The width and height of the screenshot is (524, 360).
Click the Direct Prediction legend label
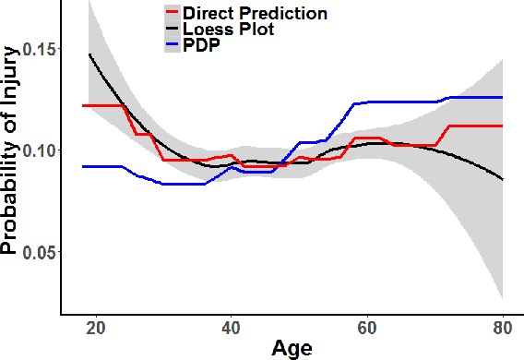coord(255,14)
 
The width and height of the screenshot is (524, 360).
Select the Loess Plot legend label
coord(229,30)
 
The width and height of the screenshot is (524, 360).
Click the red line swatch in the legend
coord(172,14)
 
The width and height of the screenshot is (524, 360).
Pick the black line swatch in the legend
coord(172,30)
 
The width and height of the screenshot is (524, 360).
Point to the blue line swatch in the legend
coord(172,44)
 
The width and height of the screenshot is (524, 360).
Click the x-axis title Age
coord(292,348)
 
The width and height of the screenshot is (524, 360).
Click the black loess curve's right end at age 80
coord(503,179)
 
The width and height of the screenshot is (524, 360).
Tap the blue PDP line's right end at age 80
coord(503,97)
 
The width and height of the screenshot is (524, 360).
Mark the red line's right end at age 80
coord(503,126)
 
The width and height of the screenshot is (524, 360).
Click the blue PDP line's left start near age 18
coord(83,166)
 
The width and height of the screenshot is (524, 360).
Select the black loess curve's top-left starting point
coord(89,54)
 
